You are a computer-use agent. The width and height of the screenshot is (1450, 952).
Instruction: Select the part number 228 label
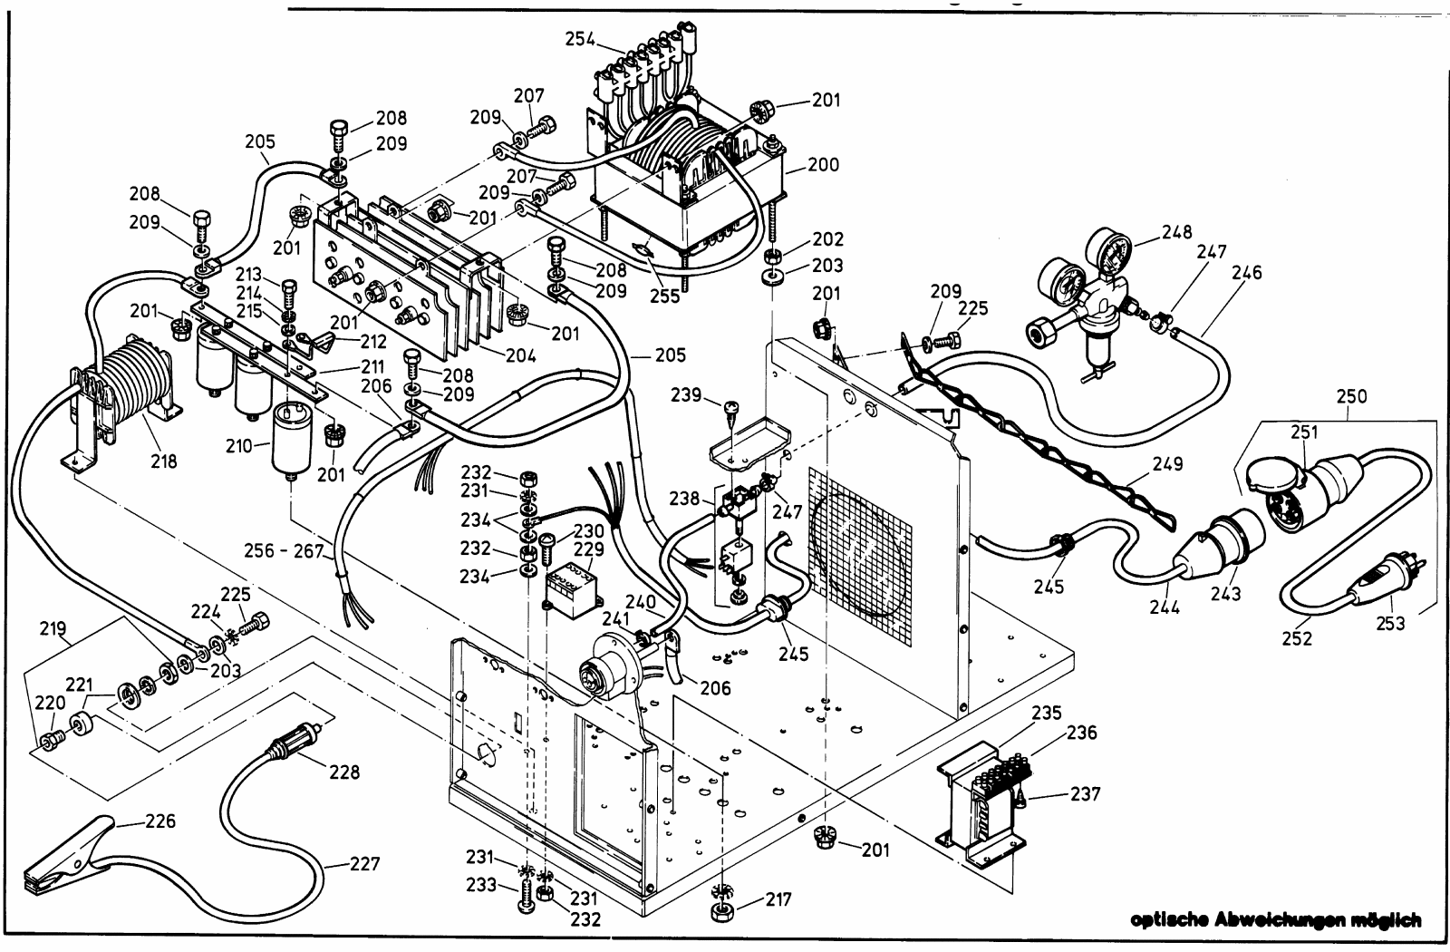pos(344,772)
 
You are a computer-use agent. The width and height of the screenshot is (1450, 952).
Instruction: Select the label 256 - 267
pos(283,550)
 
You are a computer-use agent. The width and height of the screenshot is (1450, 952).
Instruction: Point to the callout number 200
pos(824,166)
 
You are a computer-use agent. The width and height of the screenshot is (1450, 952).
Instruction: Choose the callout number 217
pos(778,900)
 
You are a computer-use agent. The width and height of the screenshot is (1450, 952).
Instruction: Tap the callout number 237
pos(1086,795)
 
